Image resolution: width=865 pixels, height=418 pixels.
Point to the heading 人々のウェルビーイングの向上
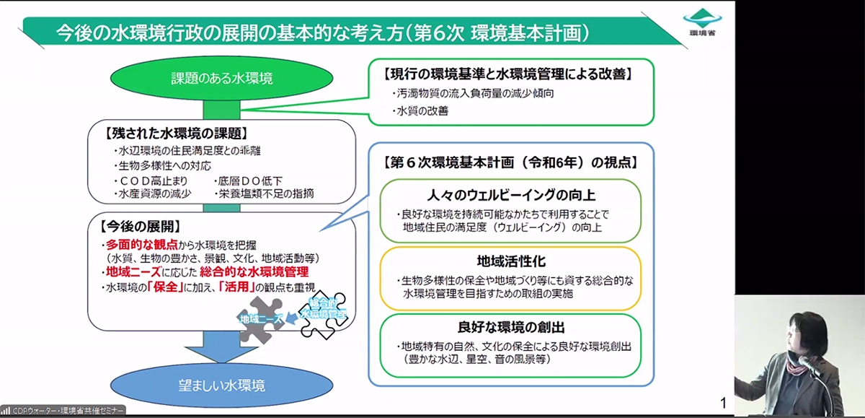coord(510,195)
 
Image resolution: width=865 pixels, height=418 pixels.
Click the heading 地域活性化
coord(510,261)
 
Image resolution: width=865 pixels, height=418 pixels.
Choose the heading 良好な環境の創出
coord(510,326)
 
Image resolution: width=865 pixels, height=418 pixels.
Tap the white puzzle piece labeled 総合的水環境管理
coord(323,311)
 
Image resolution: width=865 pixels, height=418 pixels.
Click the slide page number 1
coord(723,401)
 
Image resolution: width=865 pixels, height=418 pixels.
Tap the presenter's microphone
coord(806,365)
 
